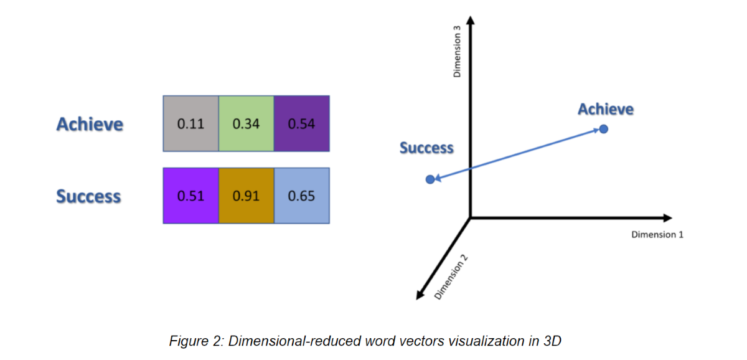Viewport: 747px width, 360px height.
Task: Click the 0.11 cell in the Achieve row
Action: point(190,124)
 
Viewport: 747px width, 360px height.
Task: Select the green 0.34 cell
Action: point(246,124)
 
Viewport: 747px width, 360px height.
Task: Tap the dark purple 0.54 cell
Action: point(301,124)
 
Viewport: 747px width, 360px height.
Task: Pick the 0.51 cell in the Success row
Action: point(190,196)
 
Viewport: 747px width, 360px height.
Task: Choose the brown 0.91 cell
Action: point(246,196)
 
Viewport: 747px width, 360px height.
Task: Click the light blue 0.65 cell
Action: point(301,196)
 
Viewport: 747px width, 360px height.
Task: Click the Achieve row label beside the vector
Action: point(90,124)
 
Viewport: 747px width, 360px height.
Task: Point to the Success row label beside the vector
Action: point(88,196)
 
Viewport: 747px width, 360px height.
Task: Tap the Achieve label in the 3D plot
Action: point(605,110)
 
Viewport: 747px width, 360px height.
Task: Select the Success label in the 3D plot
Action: point(426,148)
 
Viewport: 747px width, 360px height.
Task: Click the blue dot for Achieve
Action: point(603,129)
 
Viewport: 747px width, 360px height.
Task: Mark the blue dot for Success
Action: point(430,179)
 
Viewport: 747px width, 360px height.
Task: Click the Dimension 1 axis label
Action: point(657,235)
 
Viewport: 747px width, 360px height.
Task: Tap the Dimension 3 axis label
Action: point(458,56)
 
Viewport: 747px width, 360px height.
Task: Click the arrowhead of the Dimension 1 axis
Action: point(668,218)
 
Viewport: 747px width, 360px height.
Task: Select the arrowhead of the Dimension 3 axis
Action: point(471,21)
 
